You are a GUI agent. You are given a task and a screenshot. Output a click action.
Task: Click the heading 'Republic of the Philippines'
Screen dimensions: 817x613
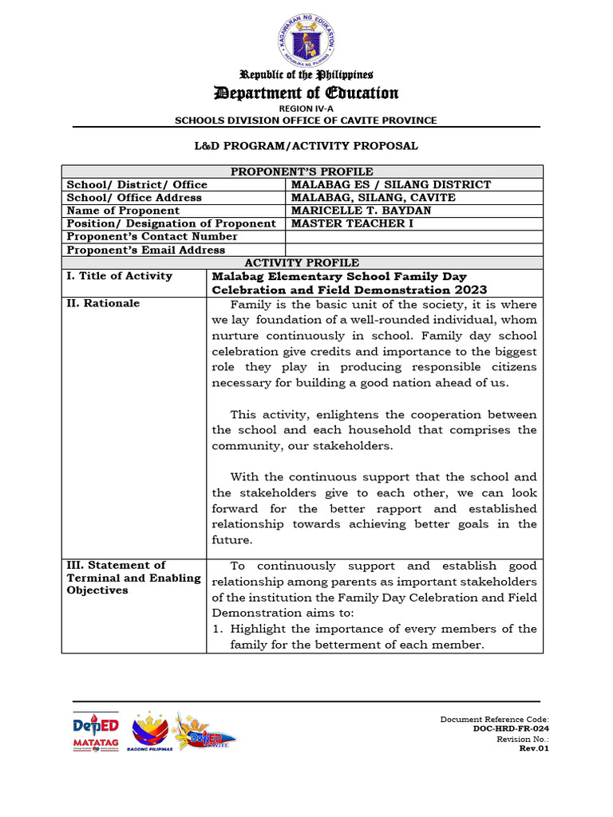pyautogui.click(x=306, y=75)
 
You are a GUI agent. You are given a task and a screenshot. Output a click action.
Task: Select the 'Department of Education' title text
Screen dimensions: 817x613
pyautogui.click(x=306, y=93)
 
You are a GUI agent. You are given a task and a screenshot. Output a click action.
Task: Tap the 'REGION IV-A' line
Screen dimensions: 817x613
pyautogui.click(x=306, y=109)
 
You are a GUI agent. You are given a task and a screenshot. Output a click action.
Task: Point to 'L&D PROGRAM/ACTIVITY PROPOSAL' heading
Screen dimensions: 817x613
pyautogui.click(x=306, y=146)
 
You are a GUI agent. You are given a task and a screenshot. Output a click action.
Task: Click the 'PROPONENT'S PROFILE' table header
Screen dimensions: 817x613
pyautogui.click(x=302, y=172)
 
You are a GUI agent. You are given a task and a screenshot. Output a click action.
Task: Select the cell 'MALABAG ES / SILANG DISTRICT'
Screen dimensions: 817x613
pyautogui.click(x=391, y=184)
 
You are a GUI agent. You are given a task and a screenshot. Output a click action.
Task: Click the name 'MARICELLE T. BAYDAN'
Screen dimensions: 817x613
pyautogui.click(x=361, y=211)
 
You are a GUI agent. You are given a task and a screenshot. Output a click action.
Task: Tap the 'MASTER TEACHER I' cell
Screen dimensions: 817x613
pyautogui.click(x=347, y=223)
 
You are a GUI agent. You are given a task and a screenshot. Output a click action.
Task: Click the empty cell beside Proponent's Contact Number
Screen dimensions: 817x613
pyautogui.click(x=413, y=237)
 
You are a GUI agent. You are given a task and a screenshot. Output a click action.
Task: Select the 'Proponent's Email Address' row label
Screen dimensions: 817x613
pyautogui.click(x=146, y=250)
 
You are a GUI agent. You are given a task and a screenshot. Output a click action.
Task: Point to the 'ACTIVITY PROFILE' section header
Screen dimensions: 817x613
pyautogui.click(x=302, y=262)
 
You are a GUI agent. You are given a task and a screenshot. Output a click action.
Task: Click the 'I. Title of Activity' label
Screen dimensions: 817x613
pyautogui.click(x=120, y=276)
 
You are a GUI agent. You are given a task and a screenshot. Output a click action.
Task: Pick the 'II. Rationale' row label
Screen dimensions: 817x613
pyautogui.click(x=103, y=303)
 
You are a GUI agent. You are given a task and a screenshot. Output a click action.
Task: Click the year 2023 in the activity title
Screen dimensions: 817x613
pyautogui.click(x=469, y=290)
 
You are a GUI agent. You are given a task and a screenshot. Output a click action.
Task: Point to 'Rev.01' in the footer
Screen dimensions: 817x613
pyautogui.click(x=534, y=748)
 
